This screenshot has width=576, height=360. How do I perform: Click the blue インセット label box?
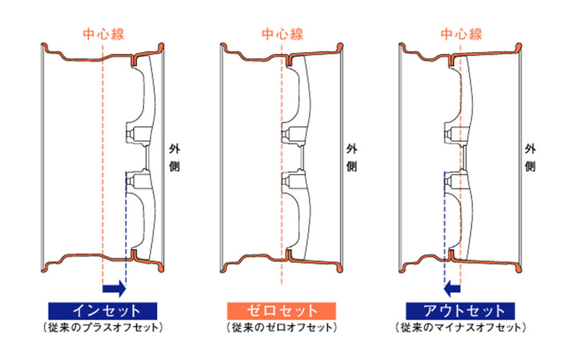point(103,311)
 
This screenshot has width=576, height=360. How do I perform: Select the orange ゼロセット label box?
point(282,311)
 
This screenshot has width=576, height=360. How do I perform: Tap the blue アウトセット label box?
point(461,311)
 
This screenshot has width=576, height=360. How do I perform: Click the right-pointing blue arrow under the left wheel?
point(114,289)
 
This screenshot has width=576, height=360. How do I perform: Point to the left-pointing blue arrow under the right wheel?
point(453,289)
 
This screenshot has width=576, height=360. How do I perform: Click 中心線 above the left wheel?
point(103,34)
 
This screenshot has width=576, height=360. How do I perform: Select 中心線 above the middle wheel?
point(282,34)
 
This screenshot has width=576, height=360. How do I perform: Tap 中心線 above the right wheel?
point(462,34)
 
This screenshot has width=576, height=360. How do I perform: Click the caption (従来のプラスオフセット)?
point(103,328)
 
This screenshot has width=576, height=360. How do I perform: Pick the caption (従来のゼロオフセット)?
point(282,328)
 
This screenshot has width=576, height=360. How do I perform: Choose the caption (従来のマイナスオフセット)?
point(461,328)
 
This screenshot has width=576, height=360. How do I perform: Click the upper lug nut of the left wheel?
point(131,133)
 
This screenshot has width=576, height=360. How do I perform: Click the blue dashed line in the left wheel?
point(125,230)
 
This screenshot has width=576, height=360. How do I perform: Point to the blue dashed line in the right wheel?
point(444,230)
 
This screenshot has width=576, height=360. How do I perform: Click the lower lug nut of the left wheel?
point(131,181)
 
